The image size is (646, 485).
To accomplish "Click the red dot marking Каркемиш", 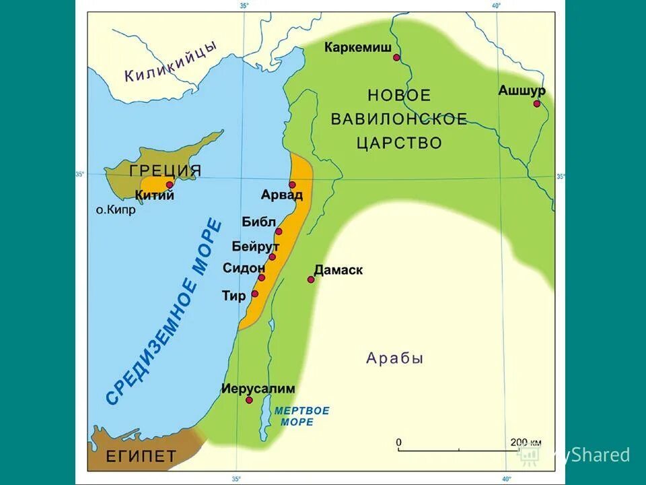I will pyautogui.click(x=396, y=58).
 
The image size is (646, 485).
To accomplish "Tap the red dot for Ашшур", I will pyautogui.click(x=536, y=104).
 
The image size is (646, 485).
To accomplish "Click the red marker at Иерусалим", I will pyautogui.click(x=249, y=400).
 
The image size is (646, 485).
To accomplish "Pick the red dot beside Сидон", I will pyautogui.click(x=261, y=278).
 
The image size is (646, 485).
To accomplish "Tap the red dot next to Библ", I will pyautogui.click(x=279, y=231).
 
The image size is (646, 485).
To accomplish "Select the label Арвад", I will pyautogui.click(x=282, y=195).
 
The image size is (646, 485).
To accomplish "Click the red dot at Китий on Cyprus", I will pyautogui.click(x=170, y=184).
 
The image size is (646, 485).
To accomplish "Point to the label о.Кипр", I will pyautogui.click(x=115, y=209).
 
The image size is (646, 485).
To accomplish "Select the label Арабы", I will pyautogui.click(x=394, y=358).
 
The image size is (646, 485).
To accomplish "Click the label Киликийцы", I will pyautogui.click(x=171, y=62).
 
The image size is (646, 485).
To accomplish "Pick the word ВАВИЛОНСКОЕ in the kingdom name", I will pyautogui.click(x=398, y=119).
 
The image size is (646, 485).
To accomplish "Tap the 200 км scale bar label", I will pyautogui.click(x=525, y=443).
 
